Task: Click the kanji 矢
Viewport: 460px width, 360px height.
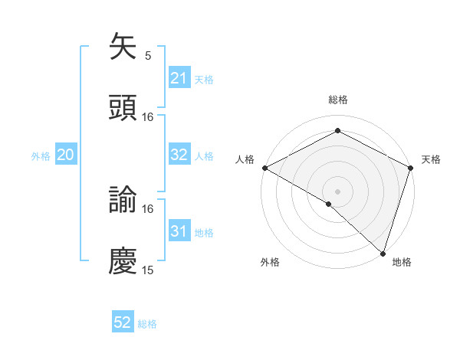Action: tap(123, 47)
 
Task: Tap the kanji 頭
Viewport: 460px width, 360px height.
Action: tap(123, 108)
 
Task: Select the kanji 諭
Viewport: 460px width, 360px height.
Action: tap(123, 200)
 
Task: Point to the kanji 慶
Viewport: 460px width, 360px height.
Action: tap(123, 261)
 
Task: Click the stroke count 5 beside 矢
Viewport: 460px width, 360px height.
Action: tap(148, 55)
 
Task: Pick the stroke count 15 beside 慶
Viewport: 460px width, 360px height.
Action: tap(148, 270)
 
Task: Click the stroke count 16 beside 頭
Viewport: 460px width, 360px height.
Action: tap(148, 116)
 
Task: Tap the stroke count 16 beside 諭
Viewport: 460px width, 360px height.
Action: tap(148, 208)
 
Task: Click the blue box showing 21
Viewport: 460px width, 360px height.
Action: tap(179, 78)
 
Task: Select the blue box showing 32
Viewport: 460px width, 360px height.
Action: tap(179, 155)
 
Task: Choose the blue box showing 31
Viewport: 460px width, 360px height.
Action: tap(179, 231)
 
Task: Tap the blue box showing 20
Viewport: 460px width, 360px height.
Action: tap(65, 155)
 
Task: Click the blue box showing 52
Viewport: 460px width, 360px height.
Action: tap(123, 322)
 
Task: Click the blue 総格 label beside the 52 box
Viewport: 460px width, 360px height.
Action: tap(147, 324)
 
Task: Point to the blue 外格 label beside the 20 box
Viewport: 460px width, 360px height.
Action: tap(41, 156)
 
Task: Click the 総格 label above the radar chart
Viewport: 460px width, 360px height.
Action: tap(337, 100)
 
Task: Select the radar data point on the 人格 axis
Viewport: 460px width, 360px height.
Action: tap(264, 167)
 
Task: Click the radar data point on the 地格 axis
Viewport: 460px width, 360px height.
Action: tap(383, 253)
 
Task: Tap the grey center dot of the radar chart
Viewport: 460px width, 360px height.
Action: tap(337, 191)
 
